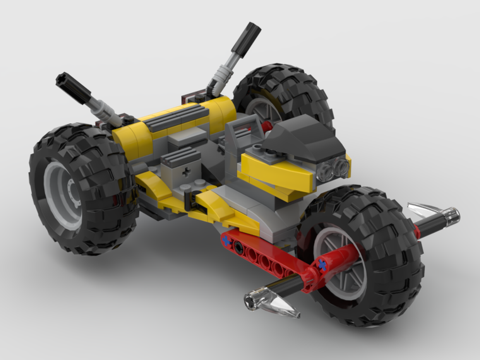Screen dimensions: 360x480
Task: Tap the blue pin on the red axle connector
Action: click(322, 264)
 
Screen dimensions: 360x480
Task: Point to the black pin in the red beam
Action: click(239, 246)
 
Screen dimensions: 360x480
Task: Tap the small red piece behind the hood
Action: click(267, 126)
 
